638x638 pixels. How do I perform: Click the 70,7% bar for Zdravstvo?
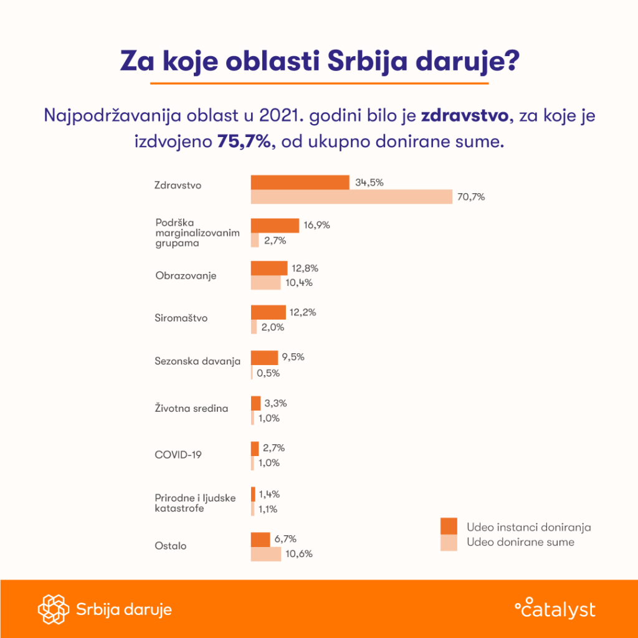pyautogui.click(x=351, y=197)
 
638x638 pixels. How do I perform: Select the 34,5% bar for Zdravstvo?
pyautogui.click(x=300, y=182)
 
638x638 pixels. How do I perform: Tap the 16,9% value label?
pyautogui.click(x=317, y=226)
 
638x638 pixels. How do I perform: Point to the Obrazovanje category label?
pyautogui.click(x=186, y=275)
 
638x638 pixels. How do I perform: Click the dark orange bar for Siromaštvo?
pyautogui.click(x=268, y=312)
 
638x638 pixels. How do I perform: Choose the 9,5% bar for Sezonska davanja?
pyautogui.click(x=264, y=358)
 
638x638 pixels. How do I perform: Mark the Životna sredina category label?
pyautogui.click(x=191, y=409)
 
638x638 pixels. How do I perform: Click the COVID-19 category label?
pyautogui.click(x=178, y=455)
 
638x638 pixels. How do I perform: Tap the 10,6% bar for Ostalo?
pyautogui.click(x=266, y=554)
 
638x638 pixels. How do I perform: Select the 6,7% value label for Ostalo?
pyautogui.click(x=285, y=538)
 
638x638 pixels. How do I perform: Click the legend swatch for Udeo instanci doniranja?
pyautogui.click(x=449, y=526)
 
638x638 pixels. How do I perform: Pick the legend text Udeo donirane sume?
pyautogui.click(x=520, y=542)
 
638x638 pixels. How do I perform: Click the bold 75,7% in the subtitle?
pyautogui.click(x=244, y=141)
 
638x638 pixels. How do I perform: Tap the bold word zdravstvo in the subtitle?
pyautogui.click(x=464, y=116)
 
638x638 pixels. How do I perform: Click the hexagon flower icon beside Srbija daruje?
pyautogui.click(x=52, y=609)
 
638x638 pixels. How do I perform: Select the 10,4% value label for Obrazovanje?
pyautogui.click(x=298, y=283)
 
